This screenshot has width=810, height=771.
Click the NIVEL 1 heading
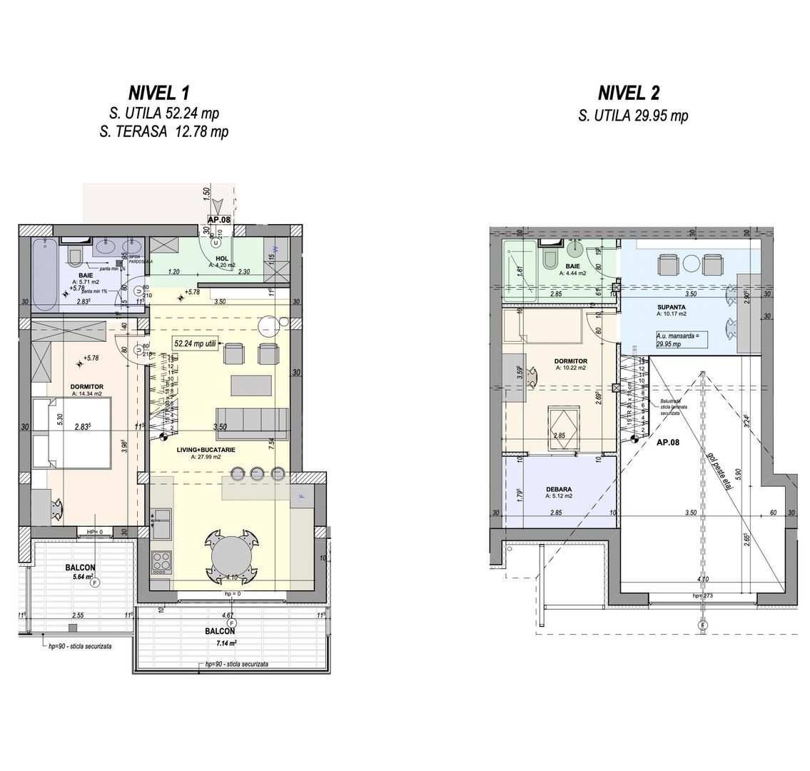(158, 93)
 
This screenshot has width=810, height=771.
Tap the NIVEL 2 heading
(629, 93)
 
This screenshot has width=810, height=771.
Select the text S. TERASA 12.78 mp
(168, 131)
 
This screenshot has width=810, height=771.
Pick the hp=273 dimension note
(704, 595)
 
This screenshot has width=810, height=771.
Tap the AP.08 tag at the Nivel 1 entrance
(219, 221)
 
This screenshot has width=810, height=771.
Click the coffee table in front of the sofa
(250, 385)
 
